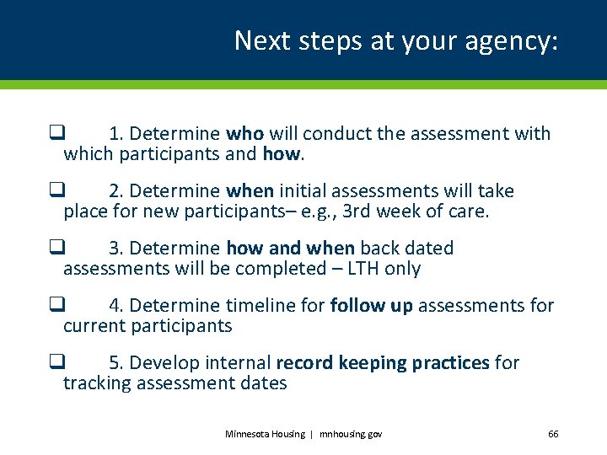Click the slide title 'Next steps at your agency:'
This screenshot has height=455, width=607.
395,40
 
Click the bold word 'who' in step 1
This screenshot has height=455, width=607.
244,133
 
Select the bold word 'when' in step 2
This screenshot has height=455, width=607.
250,190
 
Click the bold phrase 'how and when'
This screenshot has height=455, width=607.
291,248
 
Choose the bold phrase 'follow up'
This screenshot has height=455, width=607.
371,305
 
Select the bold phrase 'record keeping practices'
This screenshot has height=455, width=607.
383,362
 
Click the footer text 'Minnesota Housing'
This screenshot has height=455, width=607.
265,434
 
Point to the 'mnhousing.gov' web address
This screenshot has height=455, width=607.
350,434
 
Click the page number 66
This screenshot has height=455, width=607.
553,434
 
